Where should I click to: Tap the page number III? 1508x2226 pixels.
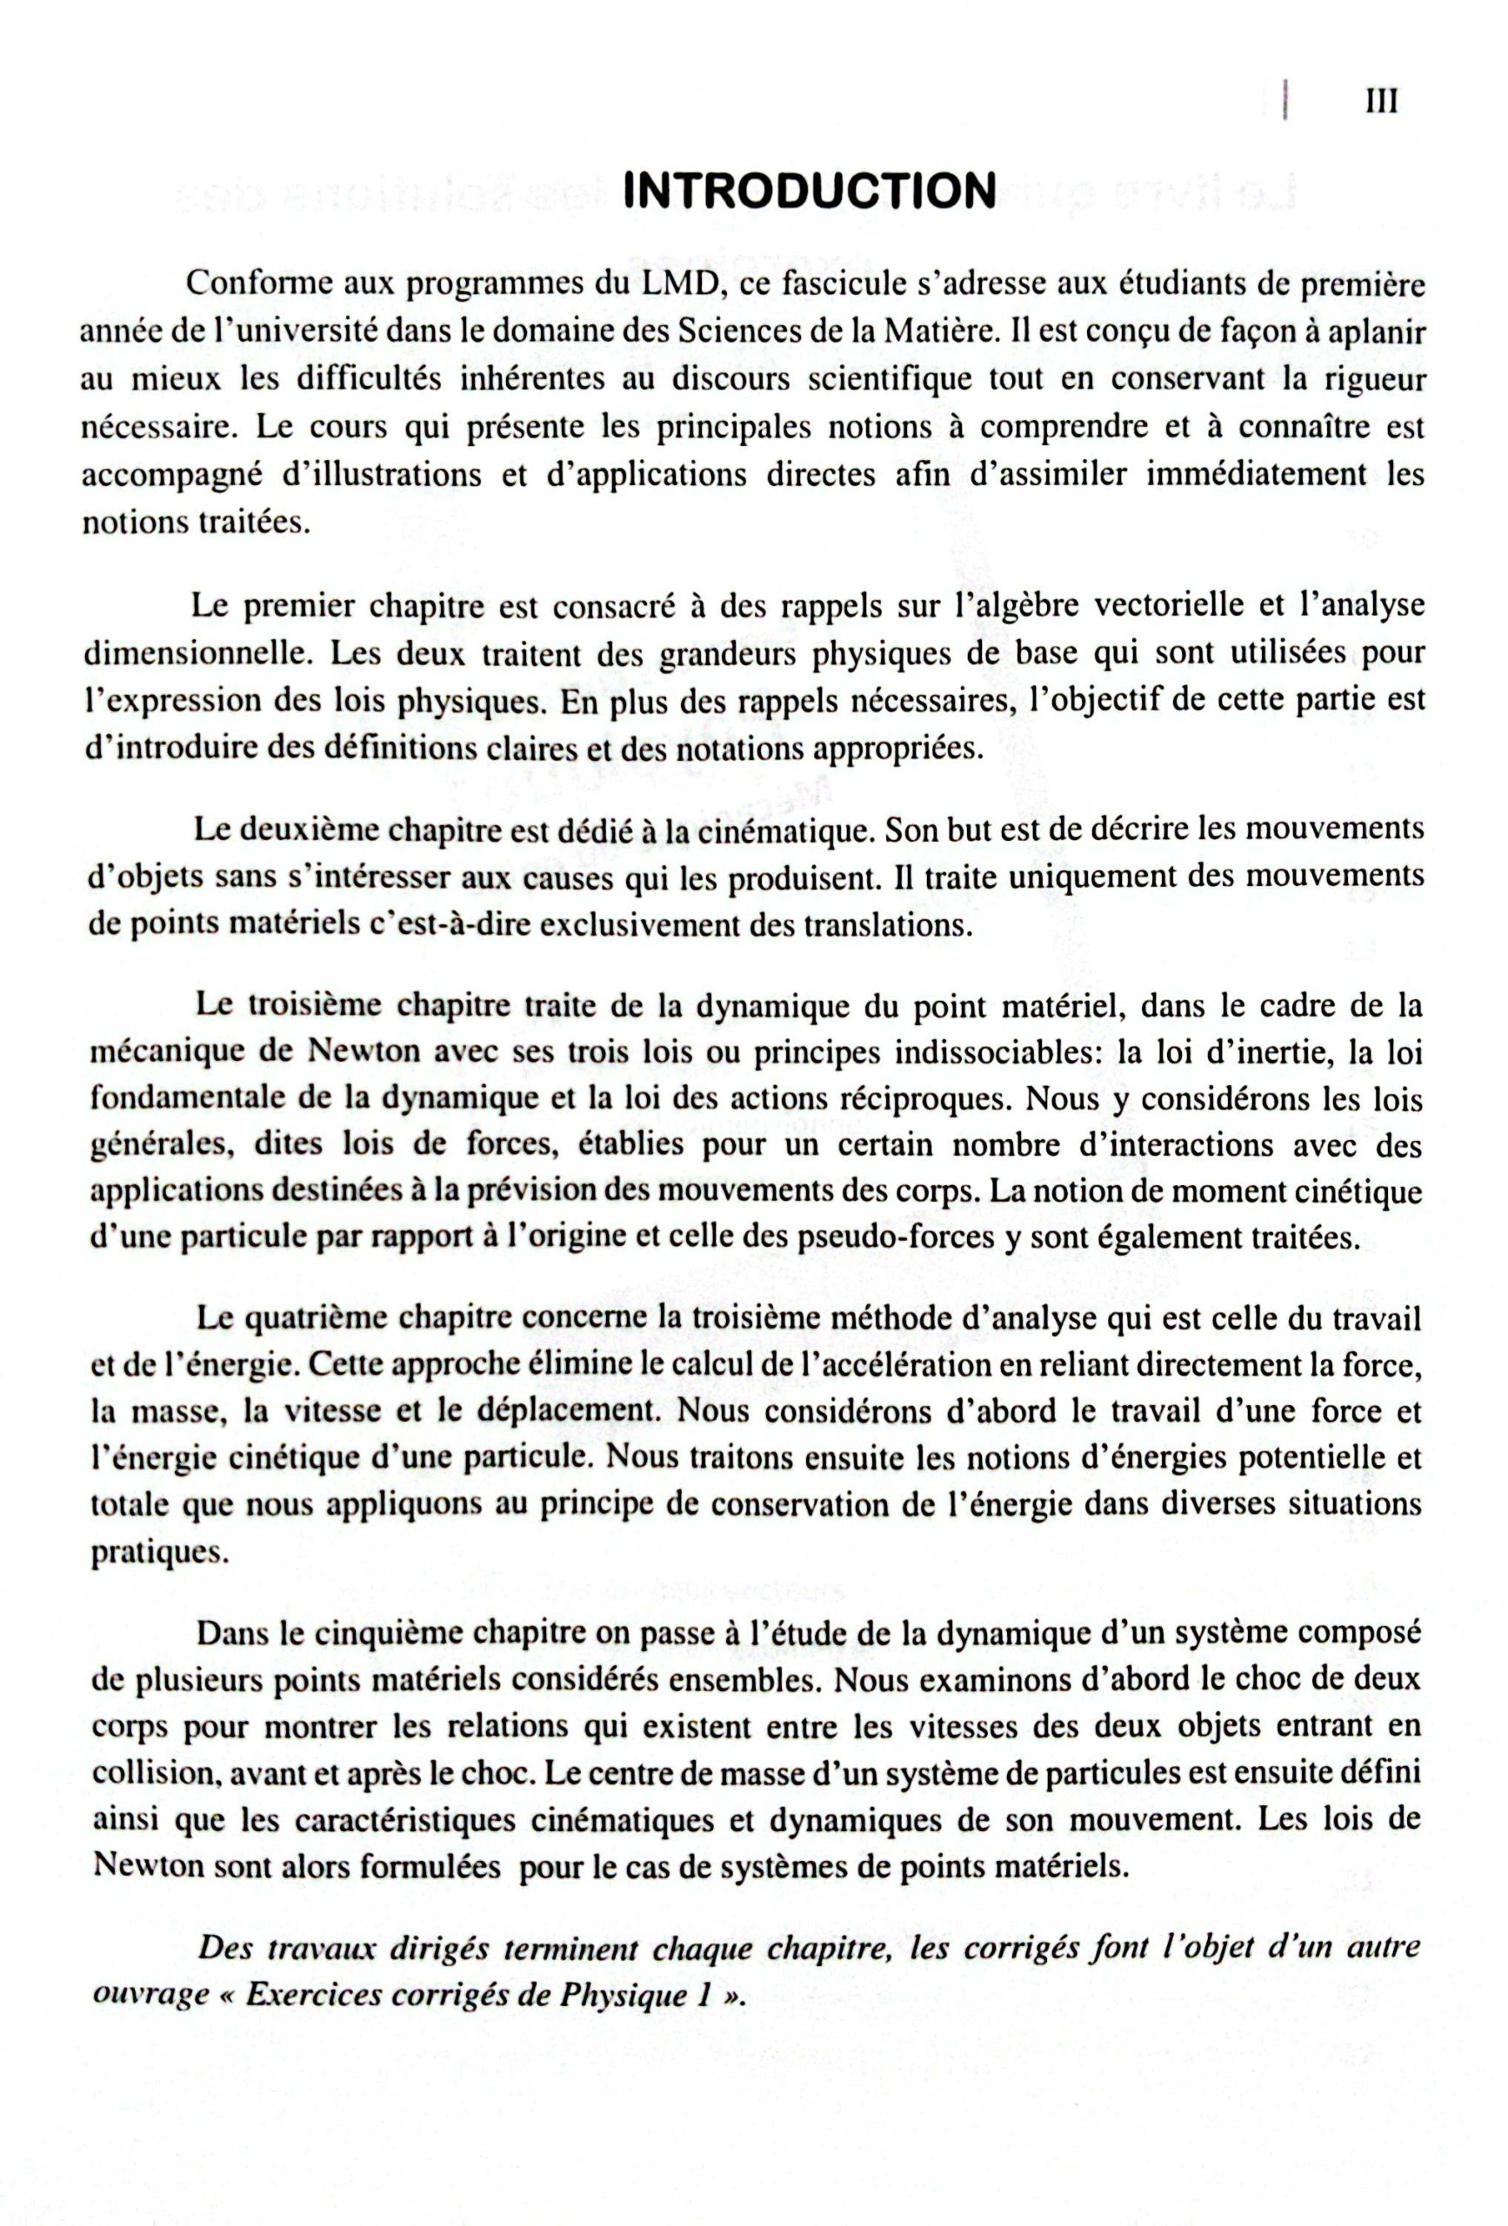(1380, 102)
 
